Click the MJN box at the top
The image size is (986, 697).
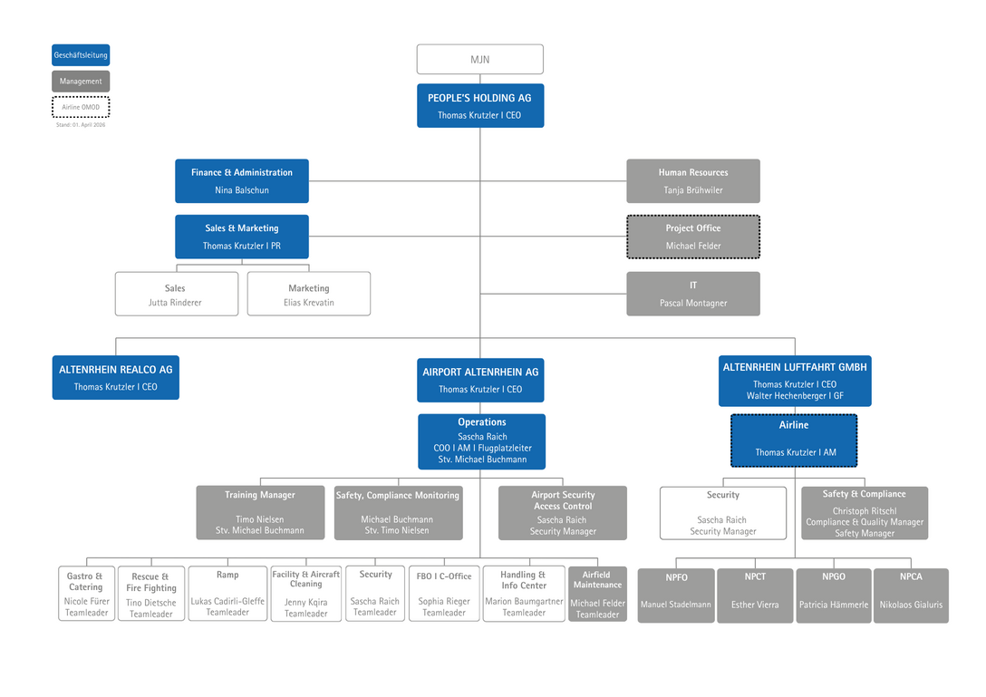pos(479,59)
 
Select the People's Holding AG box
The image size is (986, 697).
pos(479,106)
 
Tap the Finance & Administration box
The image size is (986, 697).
pos(241,181)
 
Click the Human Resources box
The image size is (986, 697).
pos(692,181)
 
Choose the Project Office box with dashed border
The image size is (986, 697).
pos(692,237)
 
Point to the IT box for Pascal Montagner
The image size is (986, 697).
pos(692,294)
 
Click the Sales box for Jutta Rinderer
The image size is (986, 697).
pos(176,294)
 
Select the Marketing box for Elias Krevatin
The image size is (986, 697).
pos(308,294)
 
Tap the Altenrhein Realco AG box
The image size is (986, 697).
pos(115,377)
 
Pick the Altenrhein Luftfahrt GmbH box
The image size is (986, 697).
pos(795,381)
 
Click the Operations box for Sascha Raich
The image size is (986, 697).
pos(481,441)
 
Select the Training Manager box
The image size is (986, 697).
pos(260,512)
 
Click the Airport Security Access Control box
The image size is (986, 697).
pos(562,513)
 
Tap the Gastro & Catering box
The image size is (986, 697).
pos(86,594)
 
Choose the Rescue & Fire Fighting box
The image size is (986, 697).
pos(150,595)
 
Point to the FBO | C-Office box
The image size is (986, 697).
pos(444,594)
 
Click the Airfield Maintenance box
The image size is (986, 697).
pos(597,594)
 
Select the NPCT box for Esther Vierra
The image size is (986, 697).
pos(755,595)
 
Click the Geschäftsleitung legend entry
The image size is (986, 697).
pos(81,55)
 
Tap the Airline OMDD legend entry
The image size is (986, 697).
pos(81,107)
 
